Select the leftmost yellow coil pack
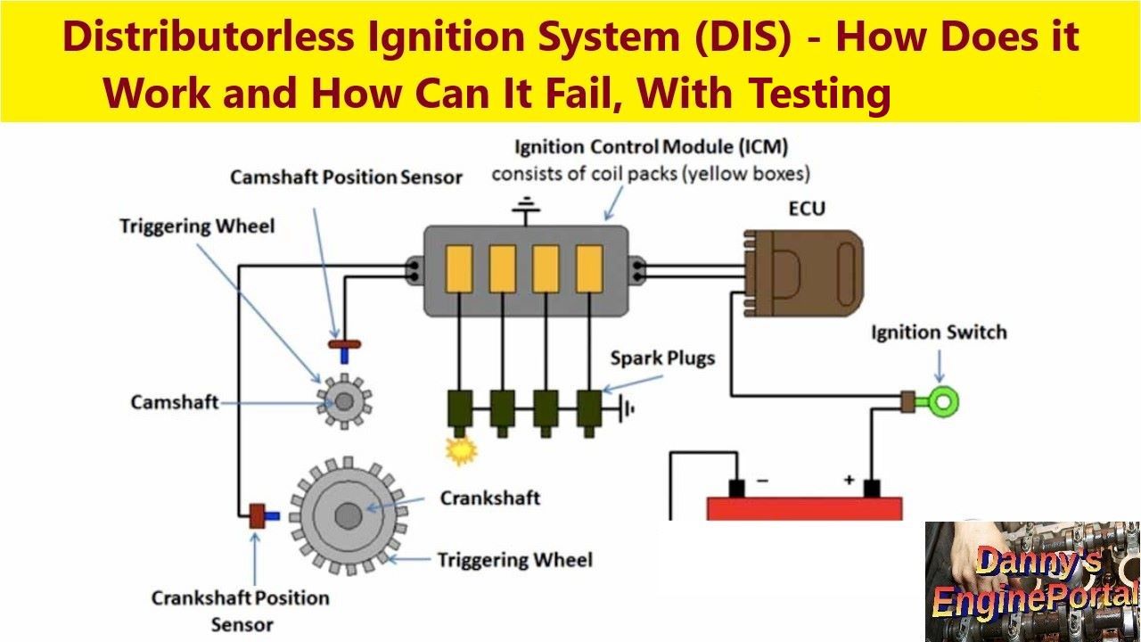point(459,267)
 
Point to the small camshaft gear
point(344,402)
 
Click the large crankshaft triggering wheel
point(348,514)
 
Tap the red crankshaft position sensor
point(259,515)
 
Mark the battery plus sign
point(849,480)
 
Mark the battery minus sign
point(762,480)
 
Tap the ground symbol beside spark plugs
point(628,409)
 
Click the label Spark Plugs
point(662,358)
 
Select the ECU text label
point(807,209)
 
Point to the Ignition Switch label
point(939,333)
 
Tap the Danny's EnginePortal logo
point(1033,581)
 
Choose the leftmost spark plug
point(461,409)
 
